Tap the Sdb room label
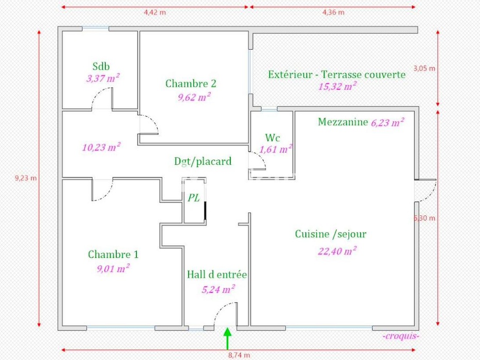101,66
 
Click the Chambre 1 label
113,254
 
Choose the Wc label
272,138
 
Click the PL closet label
193,197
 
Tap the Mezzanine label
343,122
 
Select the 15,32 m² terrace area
337,86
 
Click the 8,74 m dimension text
240,355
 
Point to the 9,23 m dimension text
26,178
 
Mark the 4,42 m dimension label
154,13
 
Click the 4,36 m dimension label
333,13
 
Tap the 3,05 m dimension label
425,68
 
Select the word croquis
400,336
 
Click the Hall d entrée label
216,275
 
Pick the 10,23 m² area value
101,147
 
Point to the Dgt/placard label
203,161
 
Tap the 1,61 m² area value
275,150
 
